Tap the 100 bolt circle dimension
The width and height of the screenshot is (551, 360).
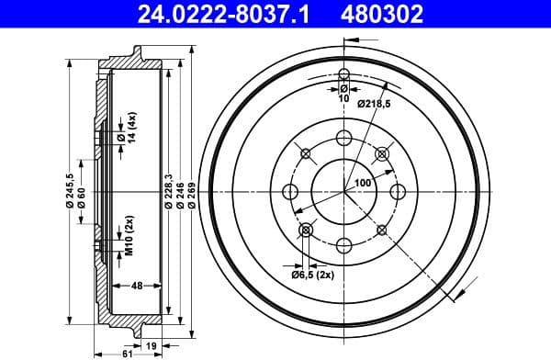point(363,183)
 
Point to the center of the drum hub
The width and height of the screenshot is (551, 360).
point(344,191)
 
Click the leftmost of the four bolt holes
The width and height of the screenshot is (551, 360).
point(291,191)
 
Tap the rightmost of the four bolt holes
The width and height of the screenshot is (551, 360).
point(398,191)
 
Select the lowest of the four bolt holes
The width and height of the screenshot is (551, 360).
point(344,244)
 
